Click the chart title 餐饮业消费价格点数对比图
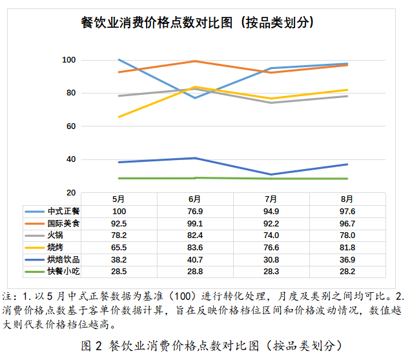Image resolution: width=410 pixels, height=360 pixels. click(x=197, y=23)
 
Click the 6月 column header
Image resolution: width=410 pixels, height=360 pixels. click(x=194, y=199)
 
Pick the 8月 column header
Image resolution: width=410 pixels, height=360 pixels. click(x=347, y=199)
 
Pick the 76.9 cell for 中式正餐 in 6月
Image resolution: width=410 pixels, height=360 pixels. click(x=194, y=211)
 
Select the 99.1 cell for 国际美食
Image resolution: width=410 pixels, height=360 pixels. click(x=194, y=223)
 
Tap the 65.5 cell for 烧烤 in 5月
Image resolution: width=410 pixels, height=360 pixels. click(x=119, y=248)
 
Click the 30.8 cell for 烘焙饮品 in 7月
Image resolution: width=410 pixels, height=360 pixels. click(x=271, y=260)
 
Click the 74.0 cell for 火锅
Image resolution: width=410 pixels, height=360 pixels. click(x=271, y=235)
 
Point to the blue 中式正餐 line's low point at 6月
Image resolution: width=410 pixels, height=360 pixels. click(x=194, y=98)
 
